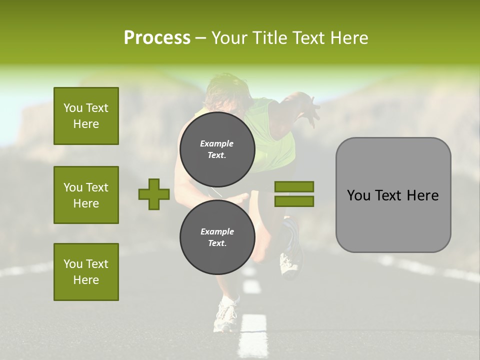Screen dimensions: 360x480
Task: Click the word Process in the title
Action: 157,37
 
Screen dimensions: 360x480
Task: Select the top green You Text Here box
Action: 86,116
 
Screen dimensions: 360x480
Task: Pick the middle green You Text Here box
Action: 86,195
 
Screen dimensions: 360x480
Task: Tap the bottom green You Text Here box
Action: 86,271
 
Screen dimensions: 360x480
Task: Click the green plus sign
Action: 154,194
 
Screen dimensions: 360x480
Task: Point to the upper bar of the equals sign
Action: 294,186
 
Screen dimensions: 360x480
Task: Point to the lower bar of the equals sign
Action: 294,201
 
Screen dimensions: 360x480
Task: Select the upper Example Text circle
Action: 217,149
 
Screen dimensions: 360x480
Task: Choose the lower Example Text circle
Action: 217,237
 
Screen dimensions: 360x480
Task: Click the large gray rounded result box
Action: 393,195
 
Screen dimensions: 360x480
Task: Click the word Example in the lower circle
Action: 217,231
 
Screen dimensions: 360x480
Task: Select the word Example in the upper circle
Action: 217,143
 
